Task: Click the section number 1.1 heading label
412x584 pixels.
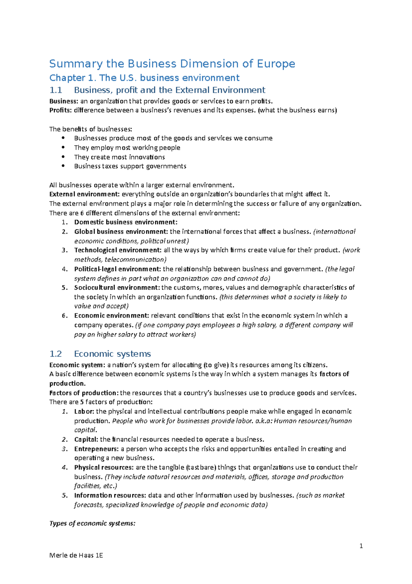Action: click(x=56, y=90)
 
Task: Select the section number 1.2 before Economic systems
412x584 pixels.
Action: click(x=56, y=354)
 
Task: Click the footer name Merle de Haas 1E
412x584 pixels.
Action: click(x=76, y=555)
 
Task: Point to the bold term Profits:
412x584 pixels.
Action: click(x=61, y=110)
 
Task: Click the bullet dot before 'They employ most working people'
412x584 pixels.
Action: click(x=63, y=148)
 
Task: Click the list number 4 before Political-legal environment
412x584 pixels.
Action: click(x=65, y=269)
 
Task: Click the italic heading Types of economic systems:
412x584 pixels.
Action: click(x=92, y=523)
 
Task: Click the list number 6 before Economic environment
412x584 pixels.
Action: click(x=65, y=316)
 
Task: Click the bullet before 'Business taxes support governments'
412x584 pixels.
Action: click(x=63, y=166)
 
